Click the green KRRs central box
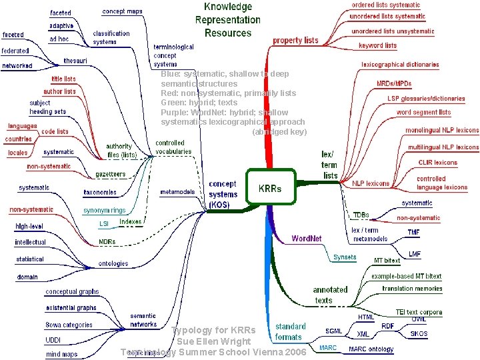[x=270, y=188]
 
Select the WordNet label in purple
[x=307, y=238]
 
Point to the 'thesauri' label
[x=75, y=60]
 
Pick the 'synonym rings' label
[x=104, y=211]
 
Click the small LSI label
[x=104, y=223]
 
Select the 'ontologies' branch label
[x=113, y=263]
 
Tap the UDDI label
[x=53, y=340]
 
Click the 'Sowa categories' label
[x=69, y=325]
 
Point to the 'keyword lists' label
[x=377, y=45]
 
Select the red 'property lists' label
[x=296, y=40]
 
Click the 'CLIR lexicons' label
[x=437, y=162]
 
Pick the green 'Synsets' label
[x=345, y=257]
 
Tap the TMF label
[x=414, y=232]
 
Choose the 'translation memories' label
[x=412, y=289]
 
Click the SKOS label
[x=419, y=333]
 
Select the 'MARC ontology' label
[x=371, y=349]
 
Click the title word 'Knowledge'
[x=227, y=7]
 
